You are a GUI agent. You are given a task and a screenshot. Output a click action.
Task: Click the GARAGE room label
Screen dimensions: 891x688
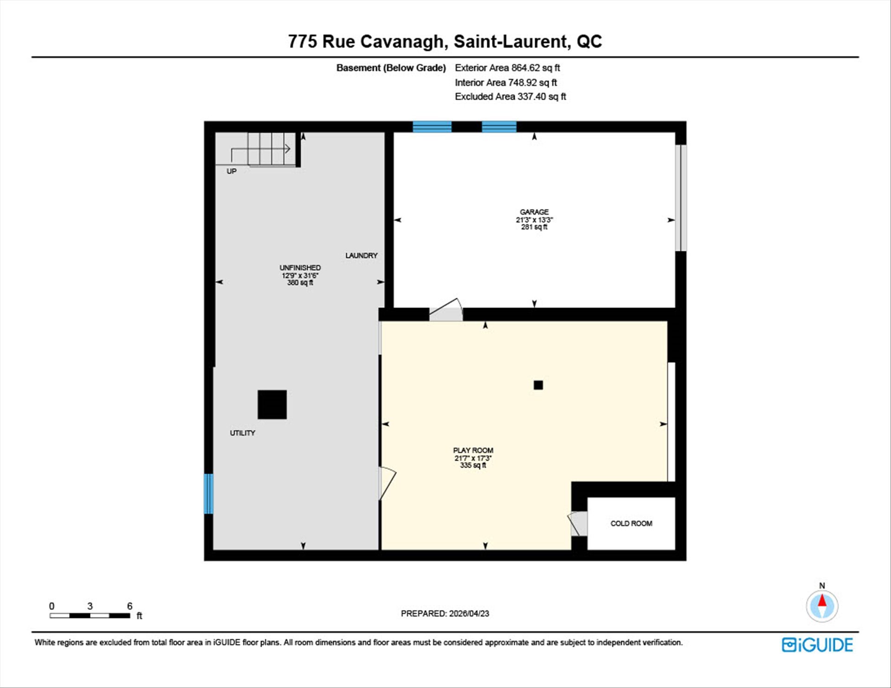pos(534,212)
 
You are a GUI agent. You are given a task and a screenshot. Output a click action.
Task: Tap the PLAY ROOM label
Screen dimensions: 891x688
pos(473,450)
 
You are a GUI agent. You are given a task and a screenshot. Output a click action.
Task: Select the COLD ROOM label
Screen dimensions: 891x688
pos(631,523)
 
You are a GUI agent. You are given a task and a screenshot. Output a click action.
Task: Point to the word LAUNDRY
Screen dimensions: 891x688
pos(361,256)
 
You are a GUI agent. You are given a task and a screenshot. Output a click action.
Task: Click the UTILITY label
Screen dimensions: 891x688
pos(242,433)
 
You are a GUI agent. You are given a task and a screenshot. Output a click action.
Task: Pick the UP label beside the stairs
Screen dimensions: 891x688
pos(231,171)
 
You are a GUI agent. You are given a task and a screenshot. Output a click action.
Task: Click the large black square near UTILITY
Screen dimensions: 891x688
pos(272,405)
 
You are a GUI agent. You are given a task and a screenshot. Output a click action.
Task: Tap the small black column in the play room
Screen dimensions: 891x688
pos(538,385)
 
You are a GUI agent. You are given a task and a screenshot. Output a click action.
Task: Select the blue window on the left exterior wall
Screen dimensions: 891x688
pos(209,494)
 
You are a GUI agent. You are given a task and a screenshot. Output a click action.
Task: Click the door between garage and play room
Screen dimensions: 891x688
pos(445,310)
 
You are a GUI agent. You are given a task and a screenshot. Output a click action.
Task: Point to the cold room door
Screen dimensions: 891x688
pos(578,523)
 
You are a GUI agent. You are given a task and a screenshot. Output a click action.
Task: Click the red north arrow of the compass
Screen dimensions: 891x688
pos(822,601)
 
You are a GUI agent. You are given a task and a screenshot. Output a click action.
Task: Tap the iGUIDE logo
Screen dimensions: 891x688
pos(817,645)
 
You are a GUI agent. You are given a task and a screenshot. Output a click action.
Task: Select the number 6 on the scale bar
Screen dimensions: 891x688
pos(130,606)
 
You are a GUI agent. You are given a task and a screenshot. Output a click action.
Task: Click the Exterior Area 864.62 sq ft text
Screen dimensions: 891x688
pos(507,68)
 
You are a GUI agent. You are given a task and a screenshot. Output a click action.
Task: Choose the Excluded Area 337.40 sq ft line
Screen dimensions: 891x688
pos(510,96)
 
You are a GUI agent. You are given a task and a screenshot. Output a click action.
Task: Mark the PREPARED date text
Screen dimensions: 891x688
pos(445,613)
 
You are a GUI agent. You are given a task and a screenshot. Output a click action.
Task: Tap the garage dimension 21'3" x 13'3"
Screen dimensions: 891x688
pos(534,220)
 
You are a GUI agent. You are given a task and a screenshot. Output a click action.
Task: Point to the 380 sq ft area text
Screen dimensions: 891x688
pos(300,283)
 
